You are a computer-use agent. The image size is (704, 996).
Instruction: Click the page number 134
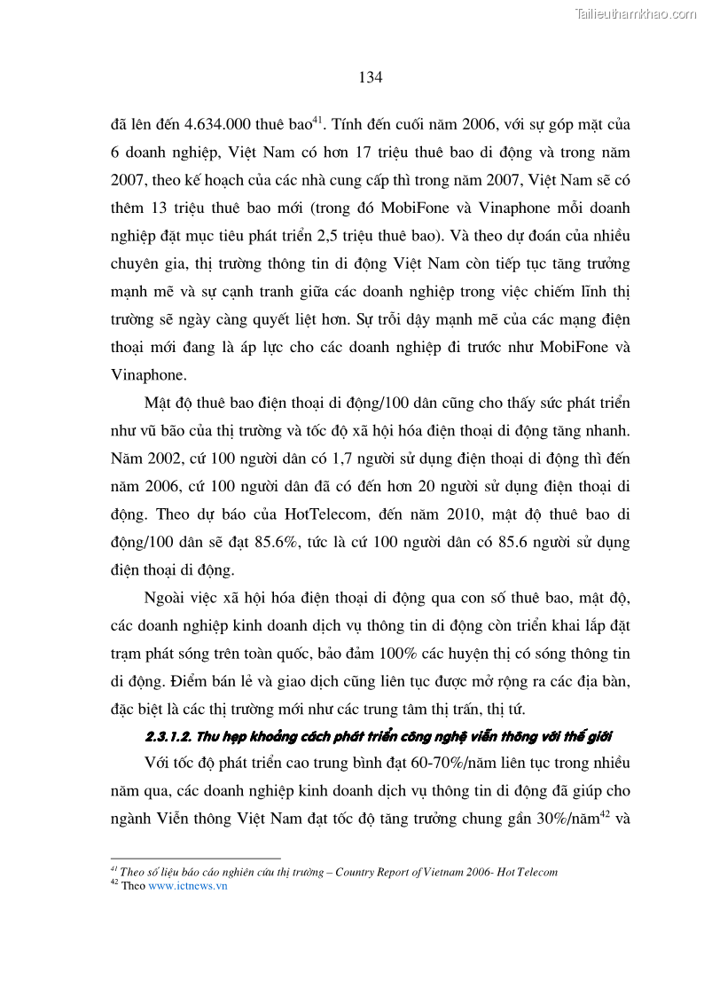click(371, 77)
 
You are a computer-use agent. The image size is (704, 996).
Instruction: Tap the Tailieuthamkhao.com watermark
click(636, 13)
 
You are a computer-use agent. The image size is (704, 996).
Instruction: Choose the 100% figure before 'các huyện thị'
click(381, 655)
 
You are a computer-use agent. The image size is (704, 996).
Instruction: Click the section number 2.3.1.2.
click(171, 738)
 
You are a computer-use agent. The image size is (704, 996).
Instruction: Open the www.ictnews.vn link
click(188, 886)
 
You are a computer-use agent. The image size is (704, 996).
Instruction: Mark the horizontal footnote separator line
click(195, 859)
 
